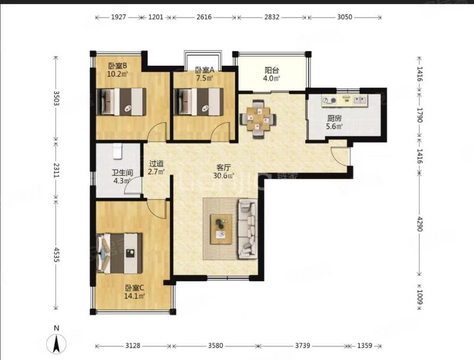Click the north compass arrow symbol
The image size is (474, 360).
56,343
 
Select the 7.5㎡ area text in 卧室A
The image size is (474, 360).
204,78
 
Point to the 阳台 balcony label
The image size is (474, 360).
271,71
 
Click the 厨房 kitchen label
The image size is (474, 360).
334,118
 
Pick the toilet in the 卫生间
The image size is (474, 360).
117,151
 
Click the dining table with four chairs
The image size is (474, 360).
258,119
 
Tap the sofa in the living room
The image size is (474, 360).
248,229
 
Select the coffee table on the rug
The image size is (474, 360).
222,229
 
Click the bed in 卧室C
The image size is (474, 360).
120,253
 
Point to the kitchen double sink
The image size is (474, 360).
359,99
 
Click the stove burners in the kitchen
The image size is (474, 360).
329,100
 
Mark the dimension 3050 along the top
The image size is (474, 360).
345,17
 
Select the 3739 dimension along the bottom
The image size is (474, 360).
303,346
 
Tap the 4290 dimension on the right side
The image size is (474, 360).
420,224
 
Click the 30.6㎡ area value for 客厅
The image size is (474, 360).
224,176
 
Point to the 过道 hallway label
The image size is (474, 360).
156,164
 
